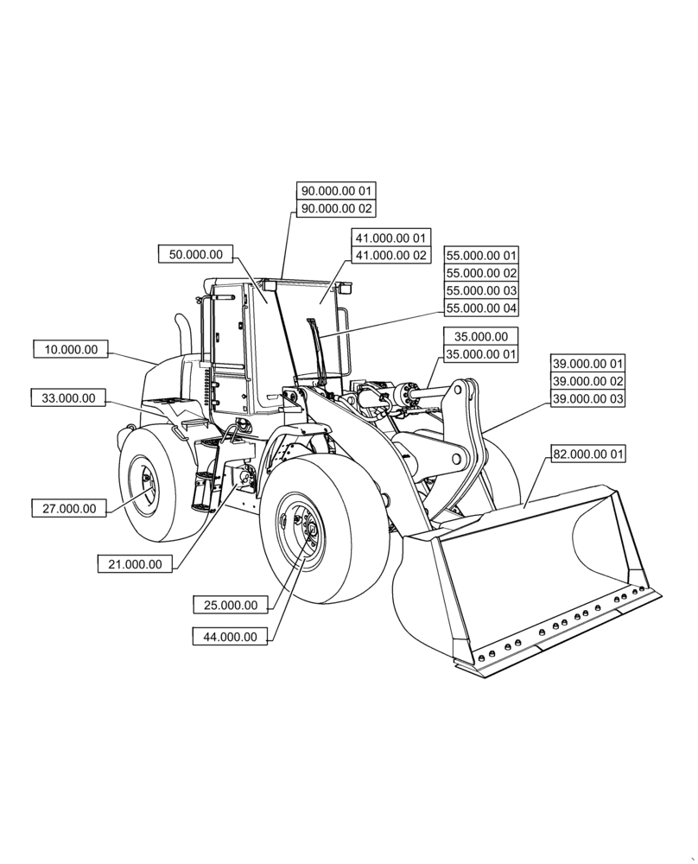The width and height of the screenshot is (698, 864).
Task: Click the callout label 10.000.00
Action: pyautogui.click(x=71, y=349)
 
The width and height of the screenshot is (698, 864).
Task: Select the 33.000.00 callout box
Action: pyautogui.click(x=68, y=398)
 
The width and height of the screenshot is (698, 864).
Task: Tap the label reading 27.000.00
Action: pyautogui.click(x=69, y=508)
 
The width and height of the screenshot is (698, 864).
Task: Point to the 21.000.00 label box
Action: pyautogui.click(x=135, y=564)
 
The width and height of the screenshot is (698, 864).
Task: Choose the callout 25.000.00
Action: pyautogui.click(x=231, y=605)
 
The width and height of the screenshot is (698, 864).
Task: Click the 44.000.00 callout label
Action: pyautogui.click(x=230, y=637)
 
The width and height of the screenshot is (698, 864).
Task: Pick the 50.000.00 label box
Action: pyautogui.click(x=196, y=254)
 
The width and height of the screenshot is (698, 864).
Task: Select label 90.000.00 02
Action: pyautogui.click(x=337, y=208)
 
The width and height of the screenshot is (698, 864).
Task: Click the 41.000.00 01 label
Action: pyautogui.click(x=390, y=237)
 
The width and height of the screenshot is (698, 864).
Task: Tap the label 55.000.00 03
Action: pyautogui.click(x=481, y=290)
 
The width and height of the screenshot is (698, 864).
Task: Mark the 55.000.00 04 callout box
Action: pyautogui.click(x=481, y=308)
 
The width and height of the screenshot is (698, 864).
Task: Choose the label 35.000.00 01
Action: pyautogui.click(x=481, y=354)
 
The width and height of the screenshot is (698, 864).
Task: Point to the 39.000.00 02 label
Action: pyautogui.click(x=587, y=381)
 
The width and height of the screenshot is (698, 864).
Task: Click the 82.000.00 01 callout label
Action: pyautogui.click(x=587, y=454)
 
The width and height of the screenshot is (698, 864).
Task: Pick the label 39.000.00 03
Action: pyautogui.click(x=587, y=399)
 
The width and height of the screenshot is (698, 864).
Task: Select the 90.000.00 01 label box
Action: pyautogui.click(x=337, y=190)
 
